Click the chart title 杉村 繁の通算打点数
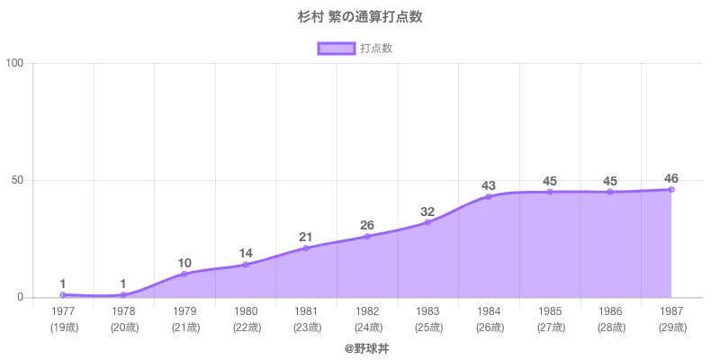click(360, 16)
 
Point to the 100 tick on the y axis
click(14, 63)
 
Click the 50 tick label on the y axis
click(17, 180)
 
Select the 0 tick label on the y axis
click(21, 298)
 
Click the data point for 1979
click(184, 274)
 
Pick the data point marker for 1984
click(489, 196)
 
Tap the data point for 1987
click(671, 189)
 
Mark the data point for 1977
click(63, 295)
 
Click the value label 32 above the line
click(427, 212)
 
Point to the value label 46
click(671, 178)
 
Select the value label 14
click(245, 254)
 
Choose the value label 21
click(306, 238)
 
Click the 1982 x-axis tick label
click(367, 311)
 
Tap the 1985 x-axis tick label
click(550, 311)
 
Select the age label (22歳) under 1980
click(245, 328)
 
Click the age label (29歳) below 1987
click(671, 328)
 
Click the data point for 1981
click(306, 247)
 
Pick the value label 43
click(489, 185)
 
